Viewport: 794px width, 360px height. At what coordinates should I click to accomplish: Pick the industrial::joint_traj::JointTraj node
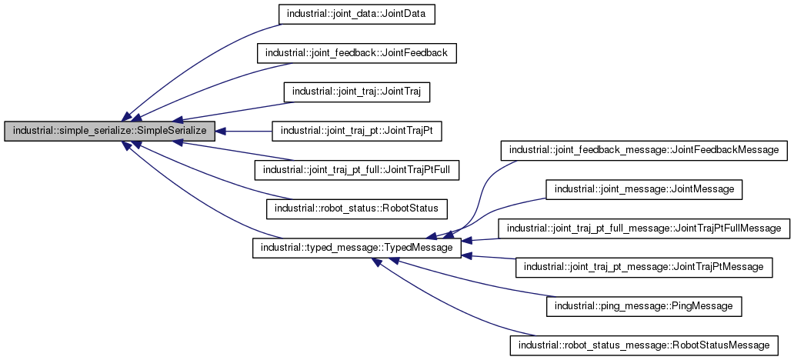(356, 92)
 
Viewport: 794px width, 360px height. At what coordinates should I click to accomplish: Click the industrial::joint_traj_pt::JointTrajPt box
(356, 132)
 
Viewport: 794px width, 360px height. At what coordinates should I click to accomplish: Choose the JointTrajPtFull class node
(356, 170)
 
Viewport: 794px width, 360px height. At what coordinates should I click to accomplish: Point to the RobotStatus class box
(356, 209)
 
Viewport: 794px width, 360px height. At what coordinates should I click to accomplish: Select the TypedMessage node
(357, 248)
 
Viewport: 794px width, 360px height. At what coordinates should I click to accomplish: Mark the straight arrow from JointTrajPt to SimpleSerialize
(246, 132)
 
